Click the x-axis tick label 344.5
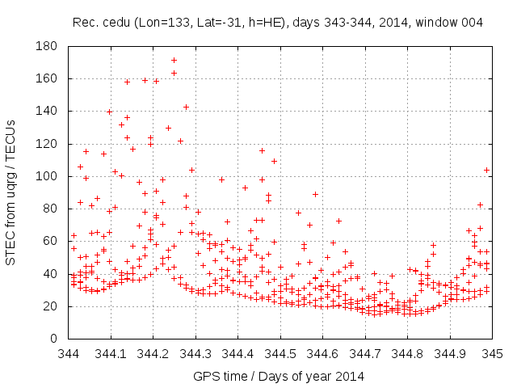tap(280, 353)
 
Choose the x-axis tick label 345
tap(492, 353)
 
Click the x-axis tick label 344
tap(69, 353)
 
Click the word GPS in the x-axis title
tap(205, 376)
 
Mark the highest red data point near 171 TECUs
tap(174, 60)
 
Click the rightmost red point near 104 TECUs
tap(486, 170)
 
